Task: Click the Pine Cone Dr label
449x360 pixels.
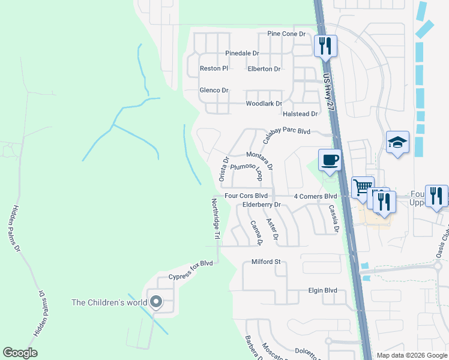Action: (x=286, y=34)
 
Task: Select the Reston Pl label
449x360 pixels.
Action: (x=214, y=69)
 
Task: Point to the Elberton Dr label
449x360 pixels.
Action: (x=264, y=69)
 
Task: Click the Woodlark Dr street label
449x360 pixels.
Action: (x=264, y=104)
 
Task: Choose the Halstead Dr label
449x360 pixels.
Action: (x=300, y=114)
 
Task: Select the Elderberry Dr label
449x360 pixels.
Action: (x=262, y=205)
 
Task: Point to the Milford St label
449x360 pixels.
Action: (x=266, y=262)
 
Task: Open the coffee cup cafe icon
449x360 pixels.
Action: (x=330, y=160)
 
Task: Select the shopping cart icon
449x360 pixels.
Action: (x=362, y=187)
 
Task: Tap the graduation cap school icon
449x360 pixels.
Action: (x=397, y=142)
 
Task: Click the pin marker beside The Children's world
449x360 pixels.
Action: (x=156, y=302)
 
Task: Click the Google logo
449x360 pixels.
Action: (x=20, y=353)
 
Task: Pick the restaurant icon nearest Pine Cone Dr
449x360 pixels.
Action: (x=325, y=45)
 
